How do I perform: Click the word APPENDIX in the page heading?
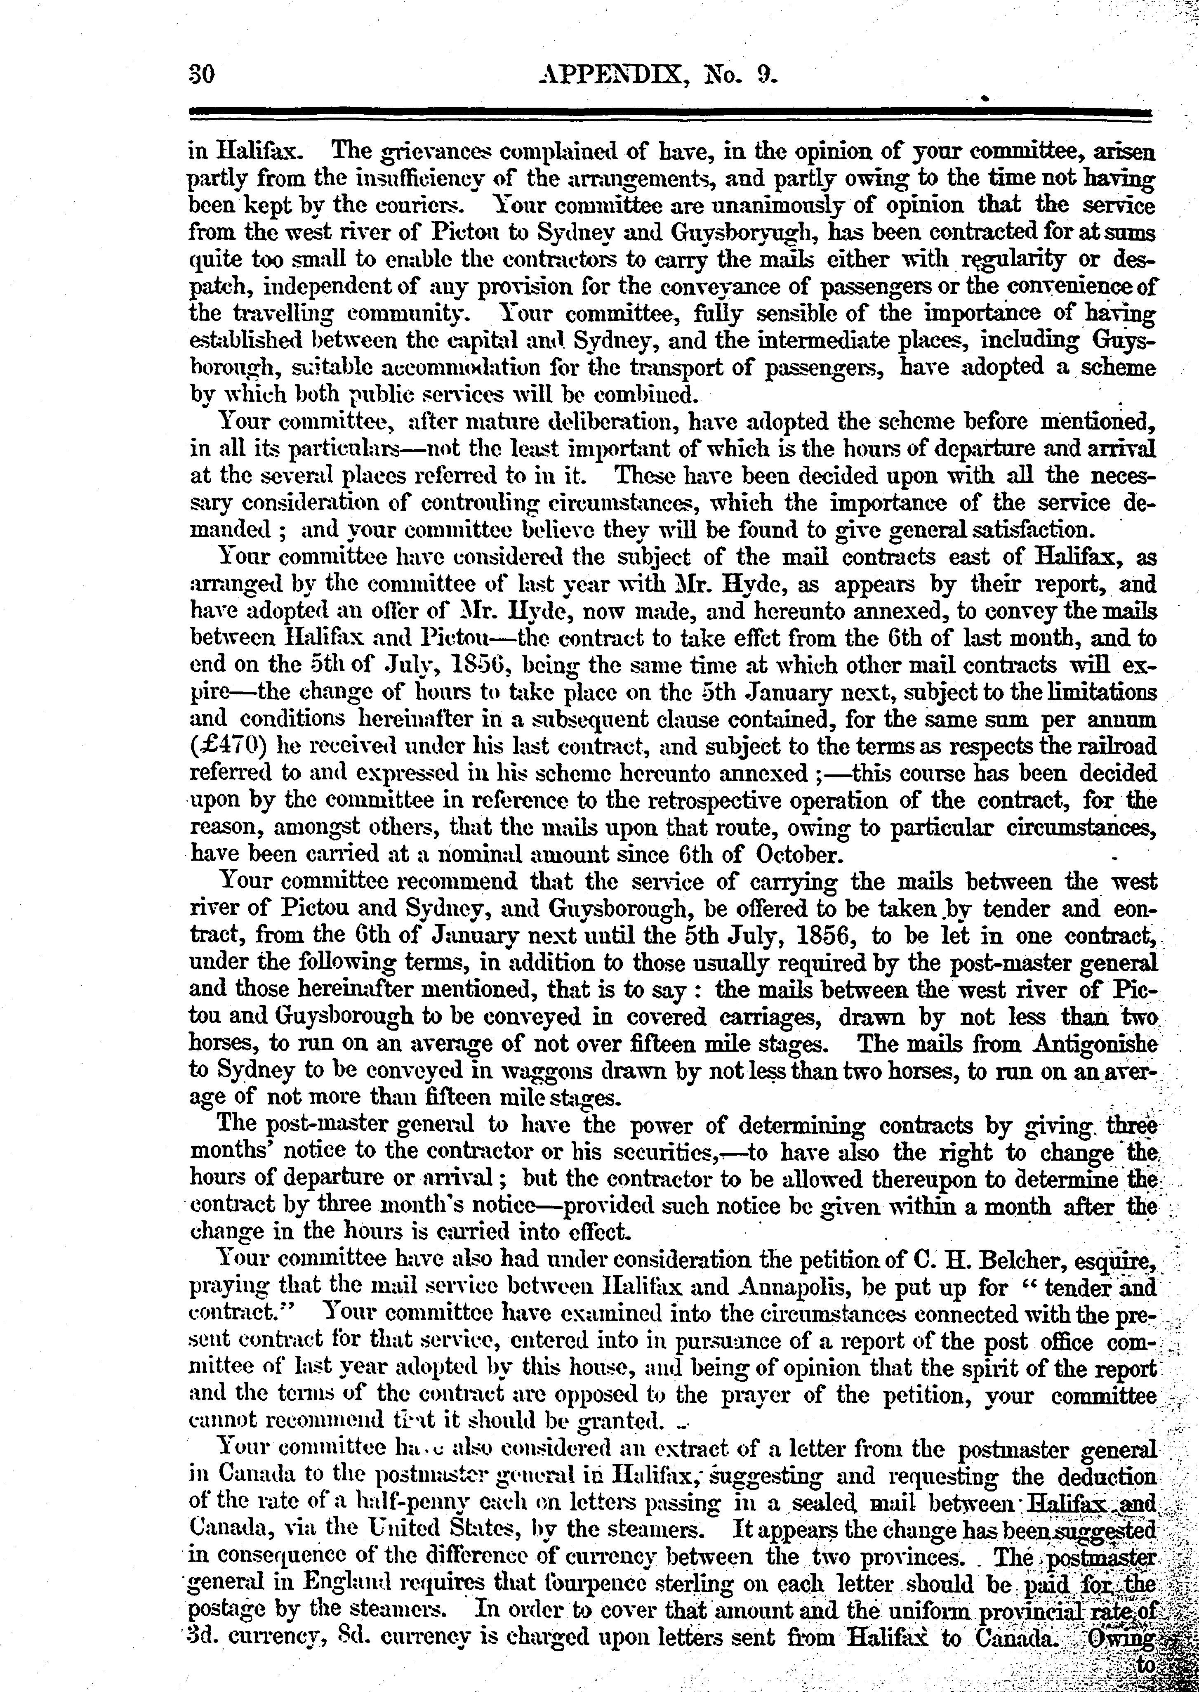[607, 76]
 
